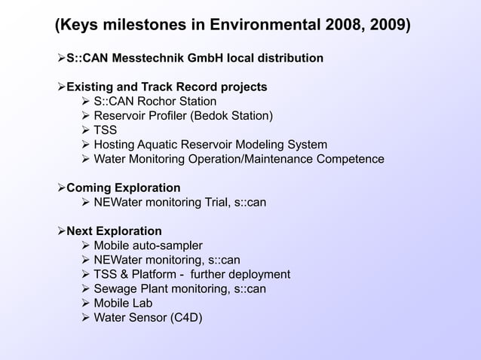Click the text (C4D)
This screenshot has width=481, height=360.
click(185, 317)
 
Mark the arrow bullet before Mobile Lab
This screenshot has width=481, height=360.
click(85, 303)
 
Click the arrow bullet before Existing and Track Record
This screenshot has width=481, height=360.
click(61, 87)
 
